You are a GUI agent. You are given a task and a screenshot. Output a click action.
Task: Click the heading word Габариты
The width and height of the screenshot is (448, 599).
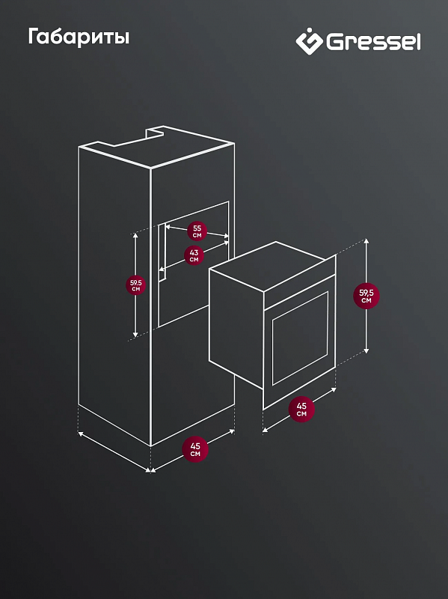pos(79,37)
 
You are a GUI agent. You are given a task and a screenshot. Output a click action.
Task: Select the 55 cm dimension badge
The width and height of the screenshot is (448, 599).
pos(197,230)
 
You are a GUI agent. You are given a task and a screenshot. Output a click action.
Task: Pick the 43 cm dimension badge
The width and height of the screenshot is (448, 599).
pos(194,255)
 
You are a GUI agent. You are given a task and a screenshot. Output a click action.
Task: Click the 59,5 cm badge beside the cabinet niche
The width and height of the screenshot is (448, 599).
pos(136,285)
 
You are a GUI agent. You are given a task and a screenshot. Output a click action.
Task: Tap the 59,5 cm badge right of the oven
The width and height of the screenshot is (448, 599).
pos(366,295)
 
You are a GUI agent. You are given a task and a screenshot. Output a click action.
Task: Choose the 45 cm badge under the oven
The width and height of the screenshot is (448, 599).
pos(301,410)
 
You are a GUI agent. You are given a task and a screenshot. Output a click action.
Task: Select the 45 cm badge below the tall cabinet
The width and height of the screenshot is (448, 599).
pos(195,450)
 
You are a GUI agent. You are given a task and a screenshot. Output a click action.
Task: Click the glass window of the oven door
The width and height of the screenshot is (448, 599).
pos(299,333)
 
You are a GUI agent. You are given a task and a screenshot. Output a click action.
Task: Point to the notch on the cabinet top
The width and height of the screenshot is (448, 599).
pos(156,133)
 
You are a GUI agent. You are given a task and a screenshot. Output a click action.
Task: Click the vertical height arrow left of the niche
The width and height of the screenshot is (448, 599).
pos(135,314)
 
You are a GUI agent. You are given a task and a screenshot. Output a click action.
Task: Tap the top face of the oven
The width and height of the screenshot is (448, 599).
pos(273,266)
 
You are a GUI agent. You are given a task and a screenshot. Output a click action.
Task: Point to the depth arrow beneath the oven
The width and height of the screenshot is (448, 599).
pos(277,423)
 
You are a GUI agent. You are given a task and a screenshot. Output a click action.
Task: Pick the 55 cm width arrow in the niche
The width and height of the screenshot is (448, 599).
pos(217,235)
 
